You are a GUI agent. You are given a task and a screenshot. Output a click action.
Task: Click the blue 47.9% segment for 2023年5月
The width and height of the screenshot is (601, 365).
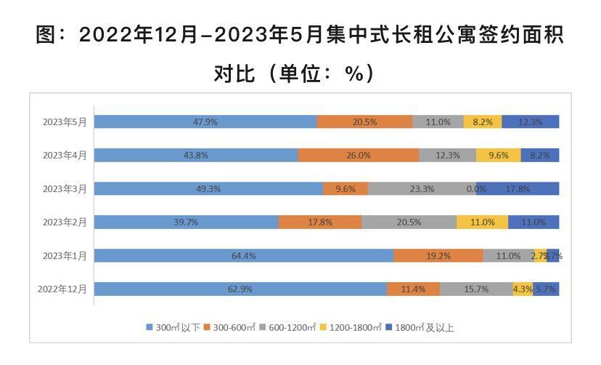(205, 122)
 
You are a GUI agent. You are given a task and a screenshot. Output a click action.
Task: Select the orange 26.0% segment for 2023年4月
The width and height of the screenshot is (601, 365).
(359, 156)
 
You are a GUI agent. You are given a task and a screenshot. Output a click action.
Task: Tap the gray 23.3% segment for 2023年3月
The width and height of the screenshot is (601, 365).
(422, 189)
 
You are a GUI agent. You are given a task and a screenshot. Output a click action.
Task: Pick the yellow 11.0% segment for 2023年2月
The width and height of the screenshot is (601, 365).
(483, 222)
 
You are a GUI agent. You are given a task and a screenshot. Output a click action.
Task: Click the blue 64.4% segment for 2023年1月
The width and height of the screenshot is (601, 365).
(244, 256)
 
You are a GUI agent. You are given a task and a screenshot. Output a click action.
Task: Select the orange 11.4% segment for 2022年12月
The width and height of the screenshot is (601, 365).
(413, 289)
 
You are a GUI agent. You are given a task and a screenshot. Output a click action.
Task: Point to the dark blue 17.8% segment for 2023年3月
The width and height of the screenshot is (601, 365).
(518, 189)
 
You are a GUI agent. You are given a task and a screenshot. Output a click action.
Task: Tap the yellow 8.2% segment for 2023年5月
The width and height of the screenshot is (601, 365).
(483, 122)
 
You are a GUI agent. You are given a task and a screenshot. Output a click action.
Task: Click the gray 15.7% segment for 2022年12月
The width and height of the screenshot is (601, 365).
(476, 289)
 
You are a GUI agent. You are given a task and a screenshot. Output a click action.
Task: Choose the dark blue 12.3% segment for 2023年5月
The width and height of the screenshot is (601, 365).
(531, 122)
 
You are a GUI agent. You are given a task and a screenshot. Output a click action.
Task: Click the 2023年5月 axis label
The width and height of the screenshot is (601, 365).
(65, 122)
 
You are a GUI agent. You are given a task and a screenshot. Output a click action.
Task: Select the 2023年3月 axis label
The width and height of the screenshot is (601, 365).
(65, 189)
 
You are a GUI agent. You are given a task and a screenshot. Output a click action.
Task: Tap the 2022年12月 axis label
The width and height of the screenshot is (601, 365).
(62, 289)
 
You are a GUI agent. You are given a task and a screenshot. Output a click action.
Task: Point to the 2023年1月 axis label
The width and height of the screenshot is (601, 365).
(65, 256)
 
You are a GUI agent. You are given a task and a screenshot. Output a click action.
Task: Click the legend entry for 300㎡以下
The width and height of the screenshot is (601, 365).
(174, 328)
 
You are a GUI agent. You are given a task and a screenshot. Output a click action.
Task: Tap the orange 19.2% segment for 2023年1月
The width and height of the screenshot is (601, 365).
(438, 256)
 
